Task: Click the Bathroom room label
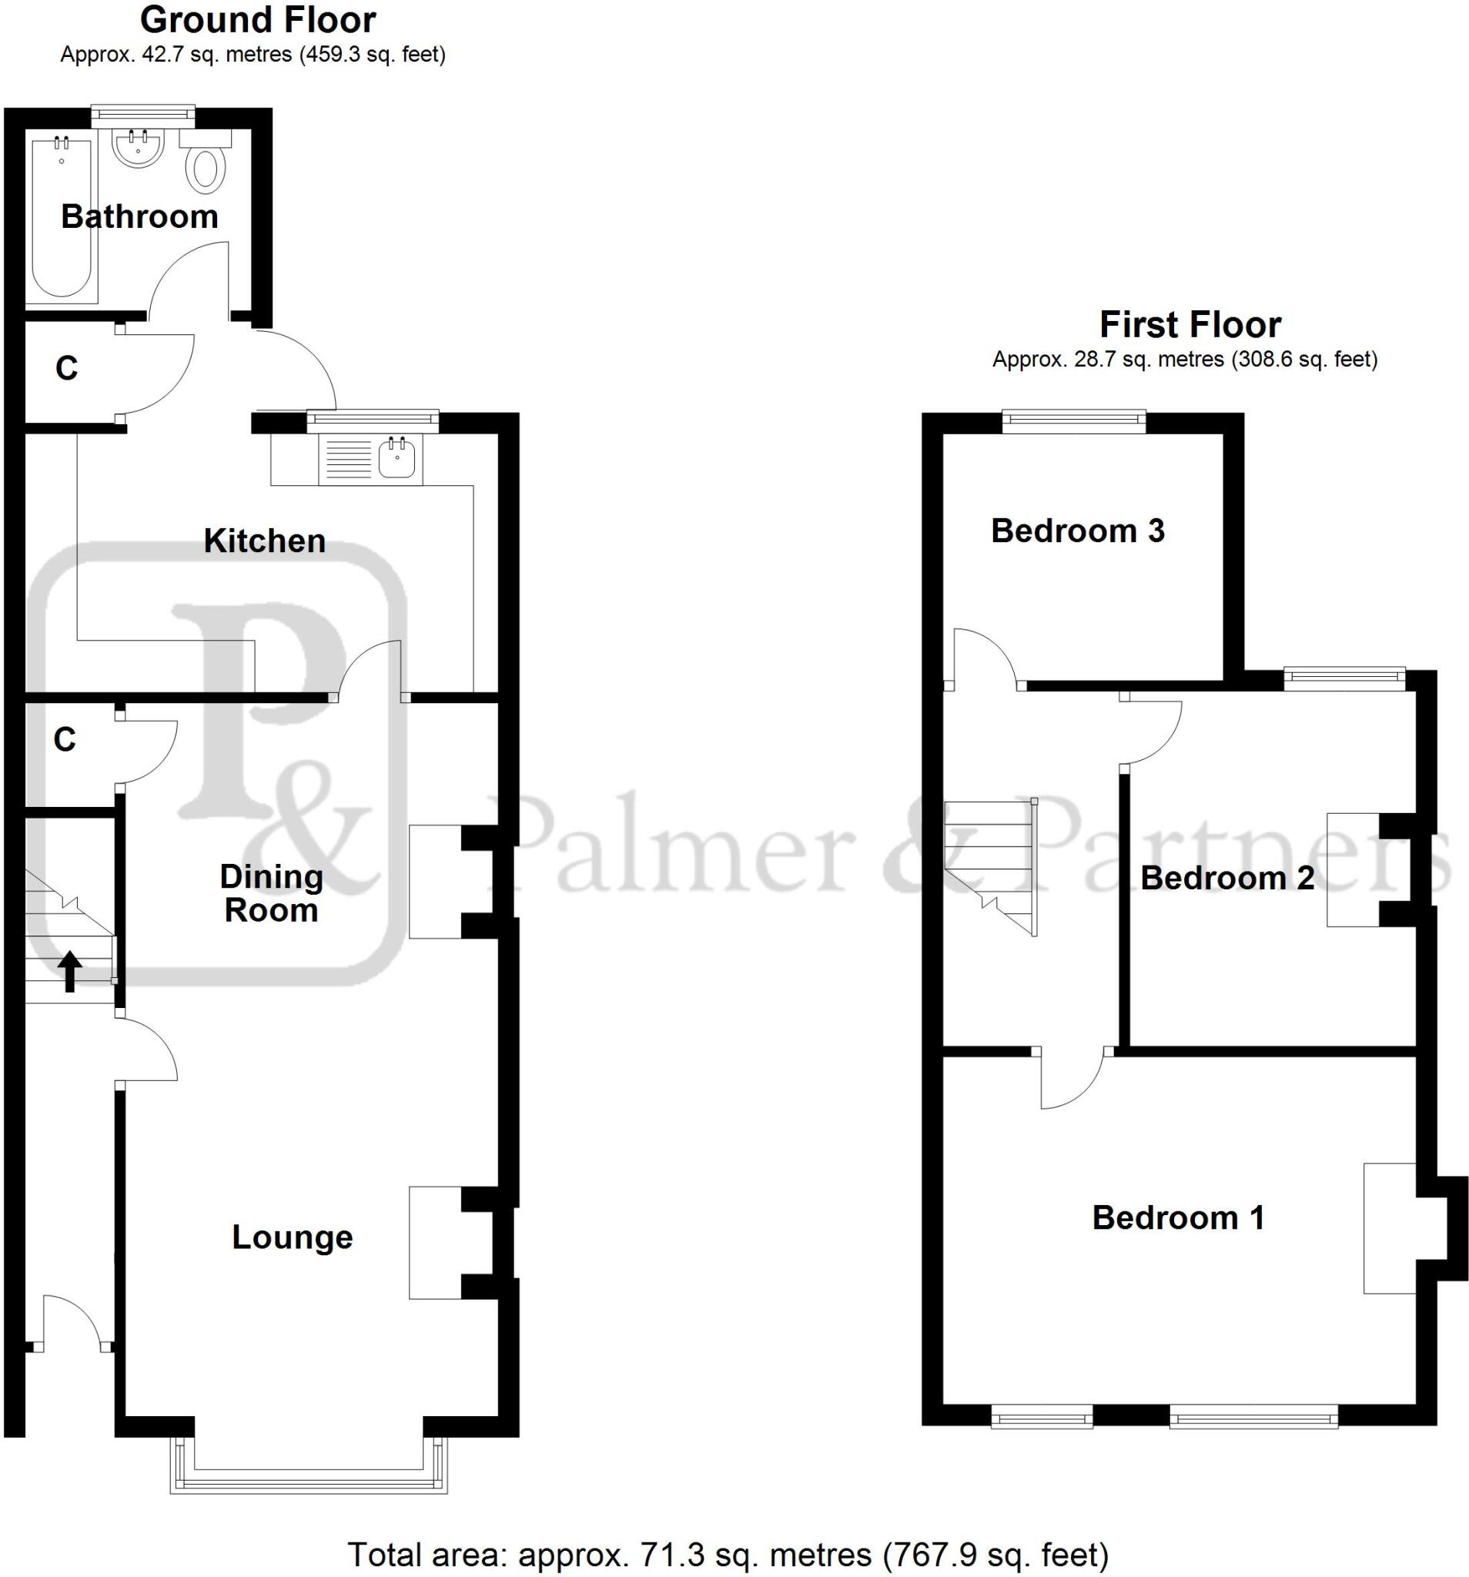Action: click(x=139, y=216)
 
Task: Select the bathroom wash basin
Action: click(x=138, y=149)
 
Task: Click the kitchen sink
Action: click(x=397, y=458)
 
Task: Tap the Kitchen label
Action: click(x=264, y=541)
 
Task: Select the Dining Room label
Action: click(x=271, y=893)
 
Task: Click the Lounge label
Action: click(x=292, y=1237)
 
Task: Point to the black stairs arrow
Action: click(x=70, y=971)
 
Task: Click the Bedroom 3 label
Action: click(x=1077, y=531)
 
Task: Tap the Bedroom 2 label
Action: click(x=1227, y=877)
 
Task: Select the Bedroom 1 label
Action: click(x=1178, y=1217)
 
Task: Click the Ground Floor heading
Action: click(x=258, y=21)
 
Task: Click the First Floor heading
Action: click(x=1190, y=325)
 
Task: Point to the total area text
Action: click(x=728, y=1555)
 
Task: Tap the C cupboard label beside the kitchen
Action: click(x=67, y=368)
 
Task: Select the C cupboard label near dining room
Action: click(x=64, y=739)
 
